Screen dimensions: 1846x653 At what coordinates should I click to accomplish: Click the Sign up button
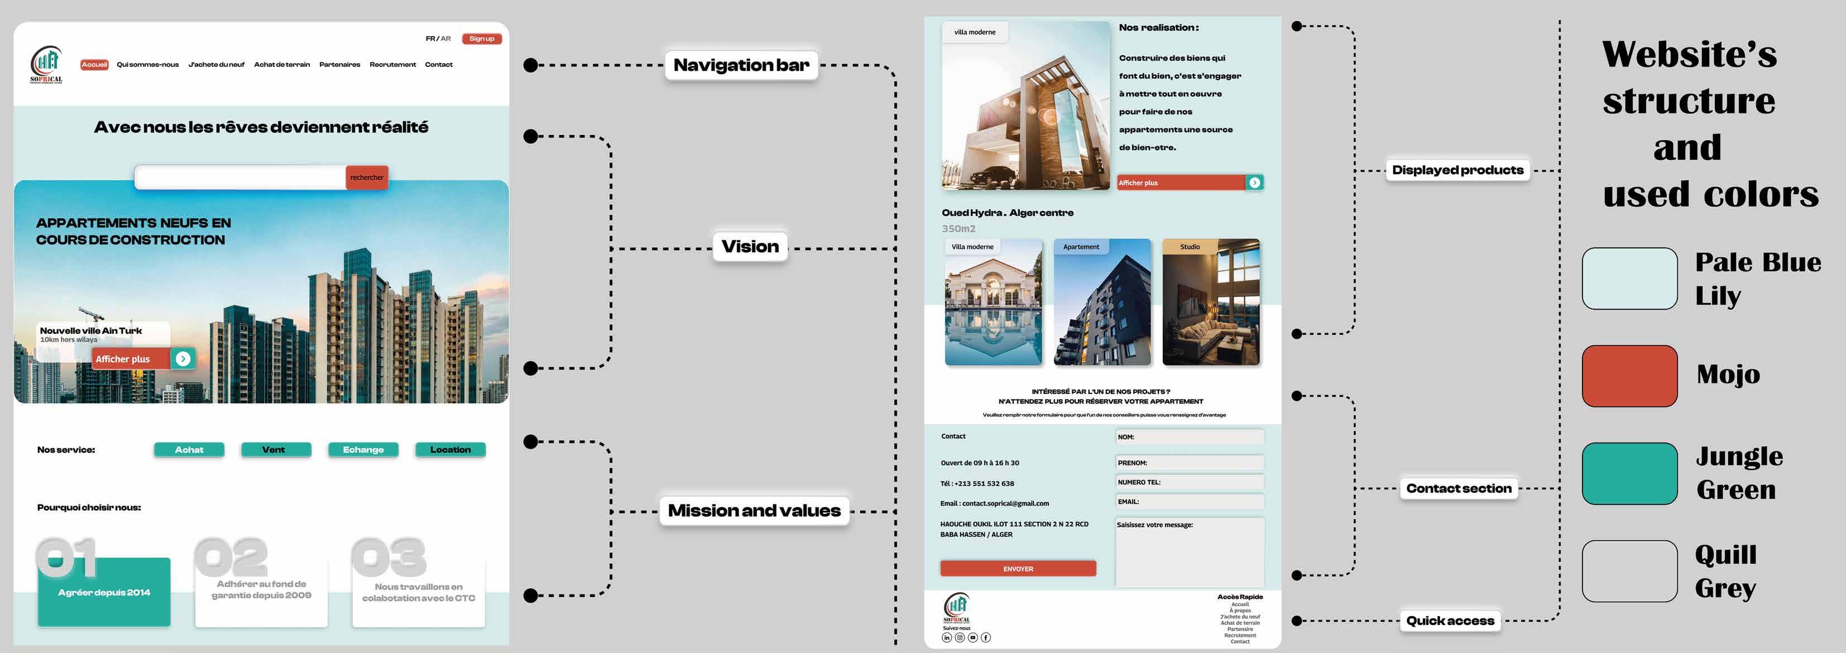(x=482, y=39)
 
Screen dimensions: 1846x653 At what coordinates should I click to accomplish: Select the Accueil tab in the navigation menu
(x=94, y=65)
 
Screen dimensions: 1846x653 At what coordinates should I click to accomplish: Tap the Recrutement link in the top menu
(x=392, y=65)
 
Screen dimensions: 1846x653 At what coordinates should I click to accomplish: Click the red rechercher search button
(x=366, y=177)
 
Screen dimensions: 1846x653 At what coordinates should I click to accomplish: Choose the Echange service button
(x=363, y=449)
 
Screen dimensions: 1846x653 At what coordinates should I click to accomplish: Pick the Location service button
(x=450, y=449)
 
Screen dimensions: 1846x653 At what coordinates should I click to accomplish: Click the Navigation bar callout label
(x=741, y=65)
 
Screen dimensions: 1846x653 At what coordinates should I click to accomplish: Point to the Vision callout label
(x=750, y=247)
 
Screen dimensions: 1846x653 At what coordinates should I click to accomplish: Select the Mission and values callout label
(x=754, y=510)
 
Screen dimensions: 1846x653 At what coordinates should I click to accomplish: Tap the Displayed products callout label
(x=1457, y=170)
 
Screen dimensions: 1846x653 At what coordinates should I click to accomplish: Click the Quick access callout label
(x=1450, y=621)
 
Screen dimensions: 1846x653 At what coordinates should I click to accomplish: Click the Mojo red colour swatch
(x=1629, y=376)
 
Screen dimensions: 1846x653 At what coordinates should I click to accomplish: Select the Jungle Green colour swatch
(x=1629, y=474)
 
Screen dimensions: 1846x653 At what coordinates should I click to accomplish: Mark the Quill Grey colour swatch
(x=1629, y=572)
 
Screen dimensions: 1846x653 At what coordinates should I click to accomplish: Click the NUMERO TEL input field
(x=1190, y=482)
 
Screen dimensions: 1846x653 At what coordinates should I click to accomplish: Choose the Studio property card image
(x=1210, y=303)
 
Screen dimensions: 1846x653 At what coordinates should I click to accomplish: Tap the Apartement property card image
(x=1102, y=303)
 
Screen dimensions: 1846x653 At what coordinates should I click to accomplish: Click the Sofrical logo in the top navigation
(x=46, y=65)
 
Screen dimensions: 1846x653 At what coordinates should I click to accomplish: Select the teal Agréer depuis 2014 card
(x=104, y=593)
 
